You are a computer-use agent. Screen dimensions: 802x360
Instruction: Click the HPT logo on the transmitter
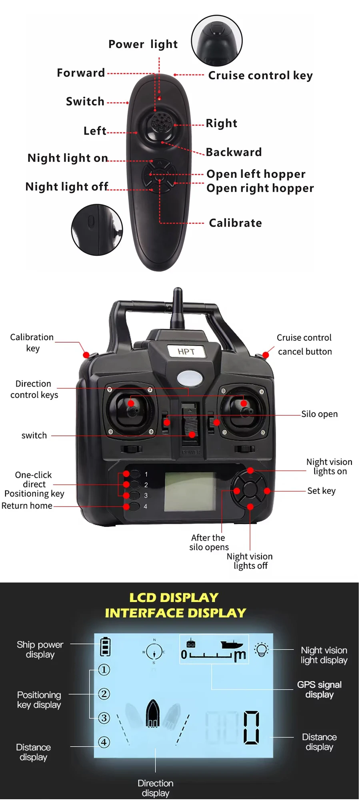pyautogui.click(x=186, y=351)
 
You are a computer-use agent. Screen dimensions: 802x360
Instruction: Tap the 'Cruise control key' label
pyautogui.click(x=260, y=76)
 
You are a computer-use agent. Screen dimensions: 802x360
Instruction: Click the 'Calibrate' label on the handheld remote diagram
pyautogui.click(x=235, y=223)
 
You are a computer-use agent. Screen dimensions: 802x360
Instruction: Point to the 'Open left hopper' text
pyautogui.click(x=256, y=174)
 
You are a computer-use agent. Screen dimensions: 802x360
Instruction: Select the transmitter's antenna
pyautogui.click(x=177, y=308)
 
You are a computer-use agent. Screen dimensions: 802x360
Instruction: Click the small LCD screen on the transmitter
pyautogui.click(x=190, y=491)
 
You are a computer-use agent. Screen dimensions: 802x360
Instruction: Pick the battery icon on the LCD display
pyautogui.click(x=105, y=646)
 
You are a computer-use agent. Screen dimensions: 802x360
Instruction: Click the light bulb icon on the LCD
pyautogui.click(x=262, y=650)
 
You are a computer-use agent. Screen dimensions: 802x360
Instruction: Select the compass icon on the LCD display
pyautogui.click(x=154, y=652)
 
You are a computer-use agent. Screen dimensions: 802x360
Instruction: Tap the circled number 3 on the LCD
pyautogui.click(x=104, y=718)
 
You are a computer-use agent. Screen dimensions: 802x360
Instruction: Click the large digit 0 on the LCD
pyautogui.click(x=251, y=727)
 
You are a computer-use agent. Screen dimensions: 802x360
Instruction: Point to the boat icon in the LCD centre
pyautogui.click(x=153, y=714)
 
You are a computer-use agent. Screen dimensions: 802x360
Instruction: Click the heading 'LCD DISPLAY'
pyautogui.click(x=174, y=598)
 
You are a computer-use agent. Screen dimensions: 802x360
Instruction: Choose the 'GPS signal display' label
pyautogui.click(x=319, y=689)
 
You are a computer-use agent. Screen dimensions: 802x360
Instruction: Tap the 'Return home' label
pyautogui.click(x=27, y=506)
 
